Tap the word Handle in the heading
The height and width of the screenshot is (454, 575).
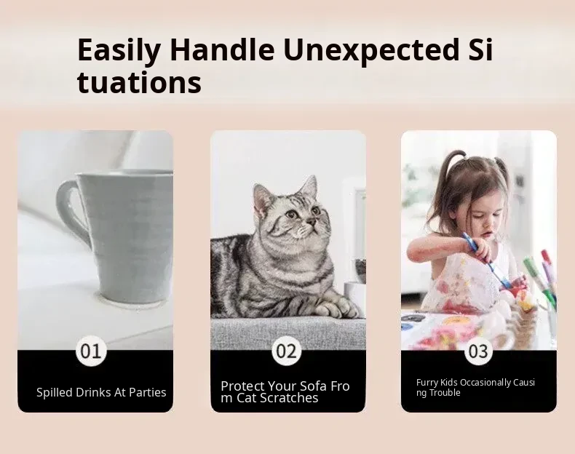(x=222, y=49)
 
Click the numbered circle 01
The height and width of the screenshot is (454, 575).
(x=90, y=351)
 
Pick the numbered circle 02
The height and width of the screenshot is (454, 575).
(x=286, y=351)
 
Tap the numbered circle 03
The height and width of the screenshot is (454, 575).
(x=478, y=351)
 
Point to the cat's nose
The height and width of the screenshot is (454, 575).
(x=311, y=222)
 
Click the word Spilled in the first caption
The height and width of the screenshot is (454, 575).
(x=55, y=392)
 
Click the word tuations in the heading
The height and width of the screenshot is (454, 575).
(x=139, y=82)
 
